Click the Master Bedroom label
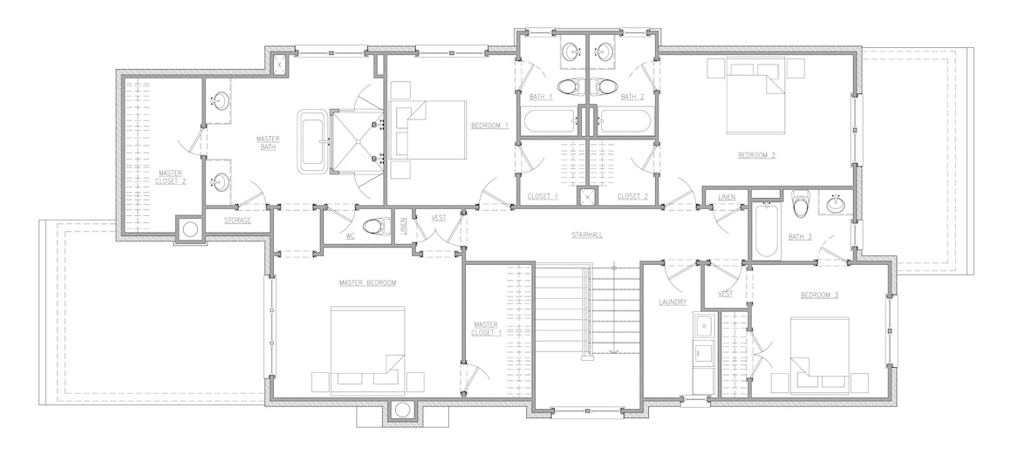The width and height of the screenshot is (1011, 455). coord(367,283)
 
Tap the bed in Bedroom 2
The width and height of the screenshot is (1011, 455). coord(756,95)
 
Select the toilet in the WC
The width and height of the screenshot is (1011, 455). coord(373,227)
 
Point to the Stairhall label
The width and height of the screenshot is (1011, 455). coord(587,235)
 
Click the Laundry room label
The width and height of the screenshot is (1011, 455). coord(673,302)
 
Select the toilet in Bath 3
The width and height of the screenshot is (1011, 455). coord(800,204)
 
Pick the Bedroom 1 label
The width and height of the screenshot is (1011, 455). coord(489,125)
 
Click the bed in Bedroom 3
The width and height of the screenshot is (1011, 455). coord(819,354)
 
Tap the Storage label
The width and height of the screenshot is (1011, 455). coord(237,221)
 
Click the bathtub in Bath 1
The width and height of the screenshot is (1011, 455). coord(550,121)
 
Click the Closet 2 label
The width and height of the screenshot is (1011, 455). coord(632,196)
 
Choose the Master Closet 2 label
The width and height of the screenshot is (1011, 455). coord(170,177)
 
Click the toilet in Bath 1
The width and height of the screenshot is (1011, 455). coord(568,85)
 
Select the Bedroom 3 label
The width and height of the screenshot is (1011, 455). coord(819,295)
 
